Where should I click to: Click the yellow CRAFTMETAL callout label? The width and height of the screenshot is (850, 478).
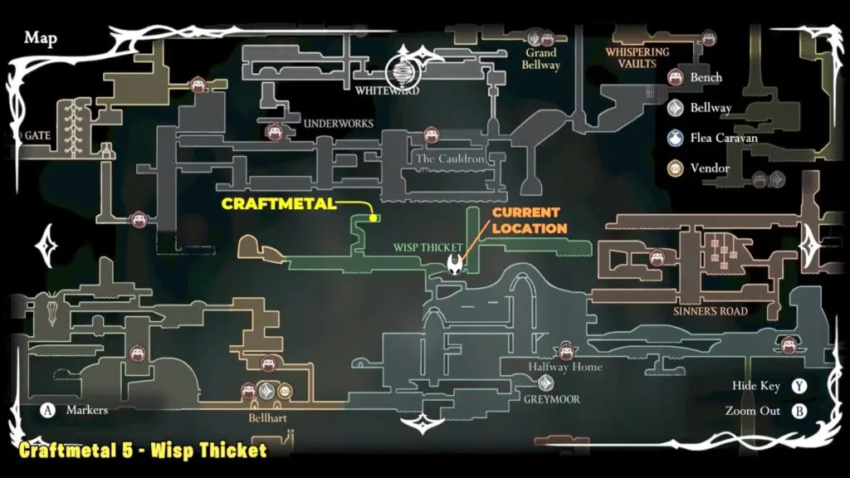(x=277, y=203)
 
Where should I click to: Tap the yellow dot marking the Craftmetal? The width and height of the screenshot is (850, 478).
(x=374, y=218)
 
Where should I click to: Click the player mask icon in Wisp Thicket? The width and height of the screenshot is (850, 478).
(x=456, y=264)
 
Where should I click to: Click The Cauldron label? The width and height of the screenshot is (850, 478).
(x=450, y=159)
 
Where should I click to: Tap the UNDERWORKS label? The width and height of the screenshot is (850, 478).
(x=339, y=124)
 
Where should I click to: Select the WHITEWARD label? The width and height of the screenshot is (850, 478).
(x=387, y=90)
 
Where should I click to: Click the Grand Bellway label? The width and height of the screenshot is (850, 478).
(x=541, y=59)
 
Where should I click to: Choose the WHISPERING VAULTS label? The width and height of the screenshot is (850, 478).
(x=637, y=58)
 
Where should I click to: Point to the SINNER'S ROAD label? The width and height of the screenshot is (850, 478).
(x=711, y=311)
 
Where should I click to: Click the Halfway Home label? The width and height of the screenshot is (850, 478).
(x=566, y=368)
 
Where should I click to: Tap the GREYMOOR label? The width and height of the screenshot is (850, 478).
(x=552, y=399)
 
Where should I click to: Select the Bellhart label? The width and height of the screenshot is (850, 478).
(x=267, y=418)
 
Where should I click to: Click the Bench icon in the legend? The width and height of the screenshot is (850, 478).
(x=677, y=77)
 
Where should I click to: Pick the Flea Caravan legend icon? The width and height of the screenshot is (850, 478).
(x=677, y=138)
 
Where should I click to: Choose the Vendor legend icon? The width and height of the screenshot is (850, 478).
(x=677, y=168)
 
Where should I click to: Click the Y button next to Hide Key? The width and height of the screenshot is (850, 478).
(x=799, y=386)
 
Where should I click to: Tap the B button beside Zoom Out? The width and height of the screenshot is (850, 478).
(x=799, y=411)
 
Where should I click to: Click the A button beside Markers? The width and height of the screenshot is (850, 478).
(x=47, y=410)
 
